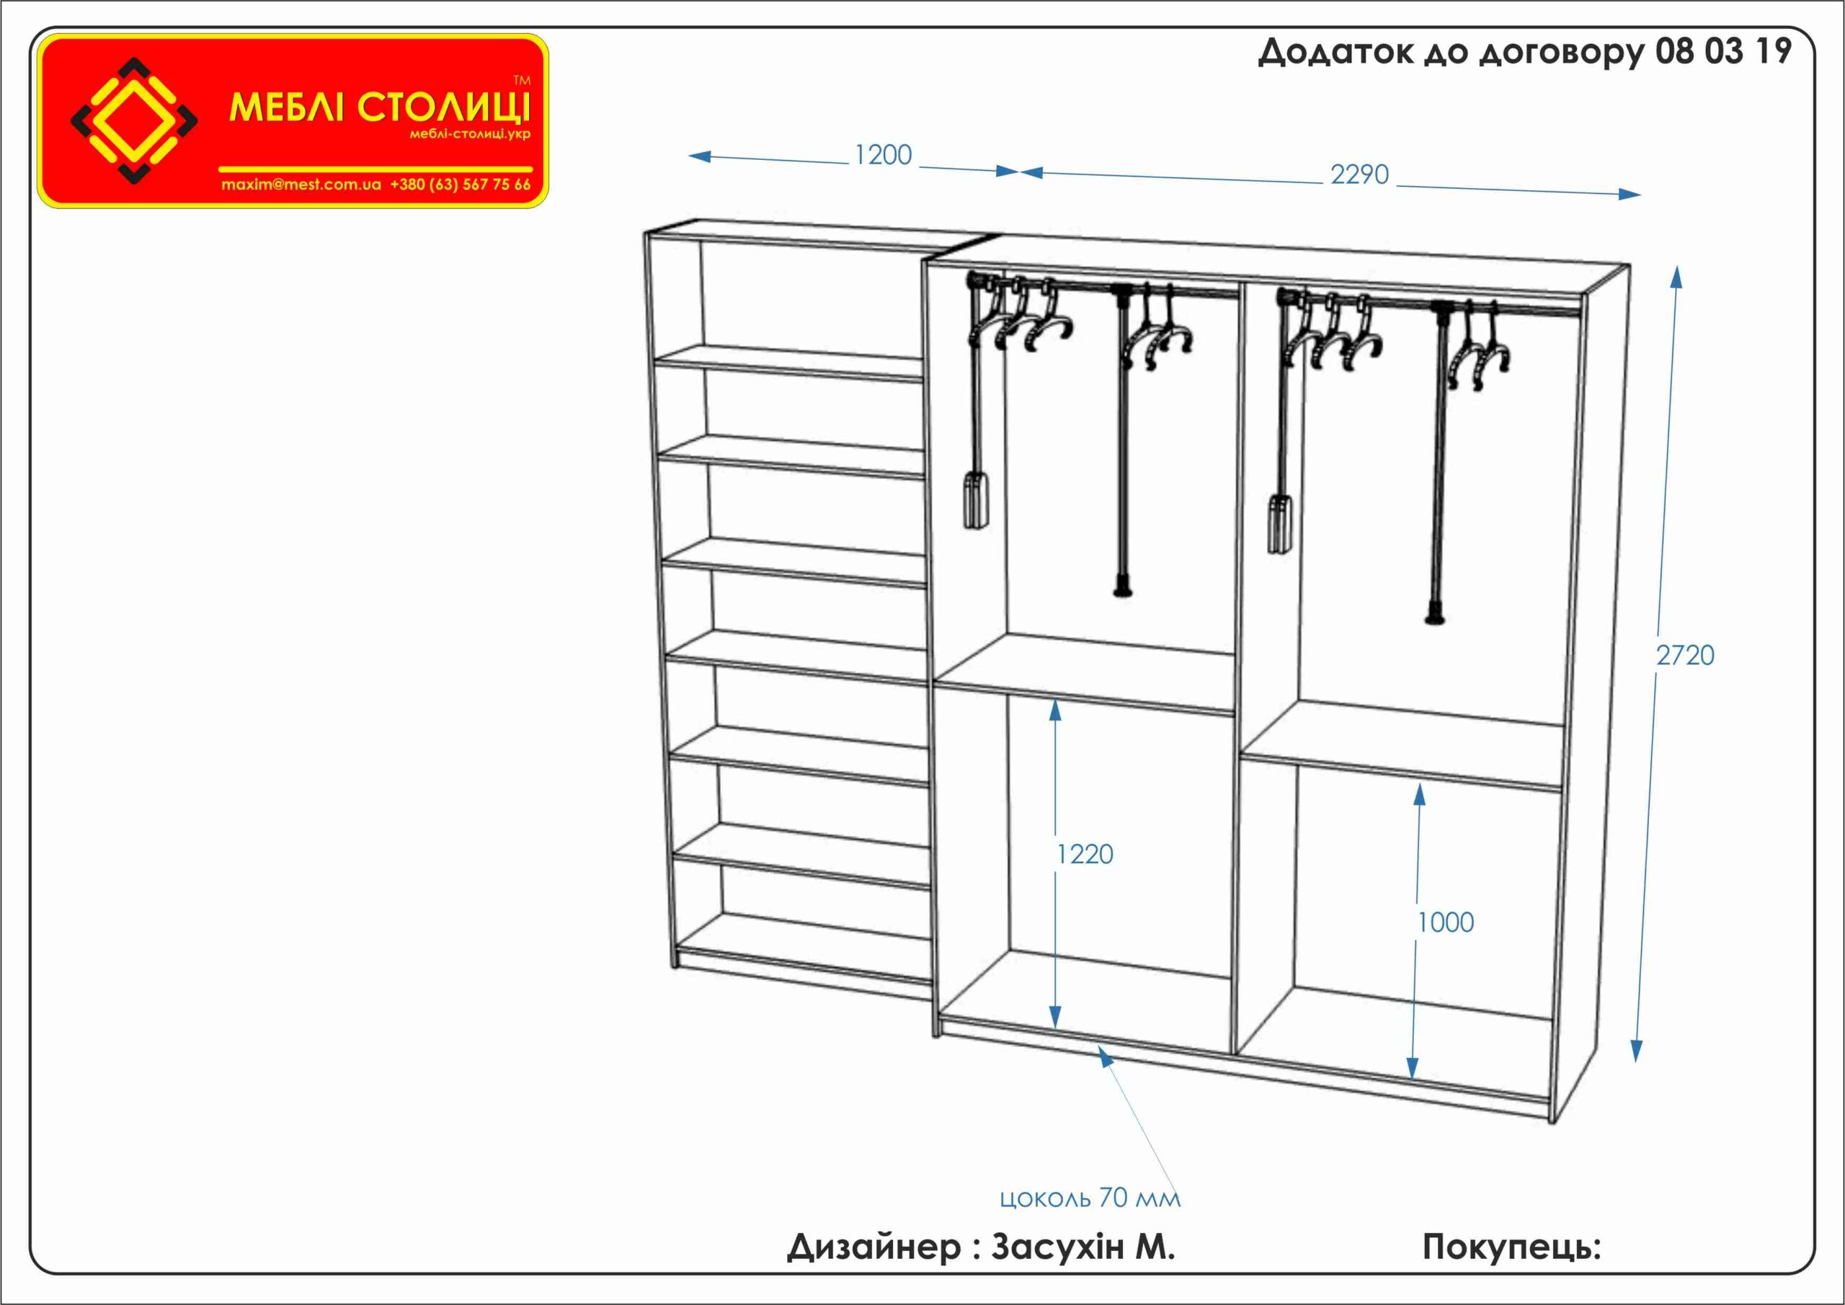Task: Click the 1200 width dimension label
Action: click(883, 154)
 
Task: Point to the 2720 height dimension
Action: click(1685, 656)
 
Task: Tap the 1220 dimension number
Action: click(1085, 854)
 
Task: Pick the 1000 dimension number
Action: click(1445, 922)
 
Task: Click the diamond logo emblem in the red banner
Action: click(134, 120)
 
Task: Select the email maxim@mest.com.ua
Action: click(301, 184)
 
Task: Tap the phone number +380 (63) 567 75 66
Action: click(461, 184)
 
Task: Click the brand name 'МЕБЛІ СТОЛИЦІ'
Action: click(380, 107)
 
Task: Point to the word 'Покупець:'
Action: click(1511, 1248)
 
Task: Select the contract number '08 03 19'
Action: click(1724, 51)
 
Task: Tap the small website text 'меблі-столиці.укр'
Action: click(470, 134)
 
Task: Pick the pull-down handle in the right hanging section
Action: click(1281, 525)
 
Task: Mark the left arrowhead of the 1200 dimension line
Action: click(699, 156)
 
